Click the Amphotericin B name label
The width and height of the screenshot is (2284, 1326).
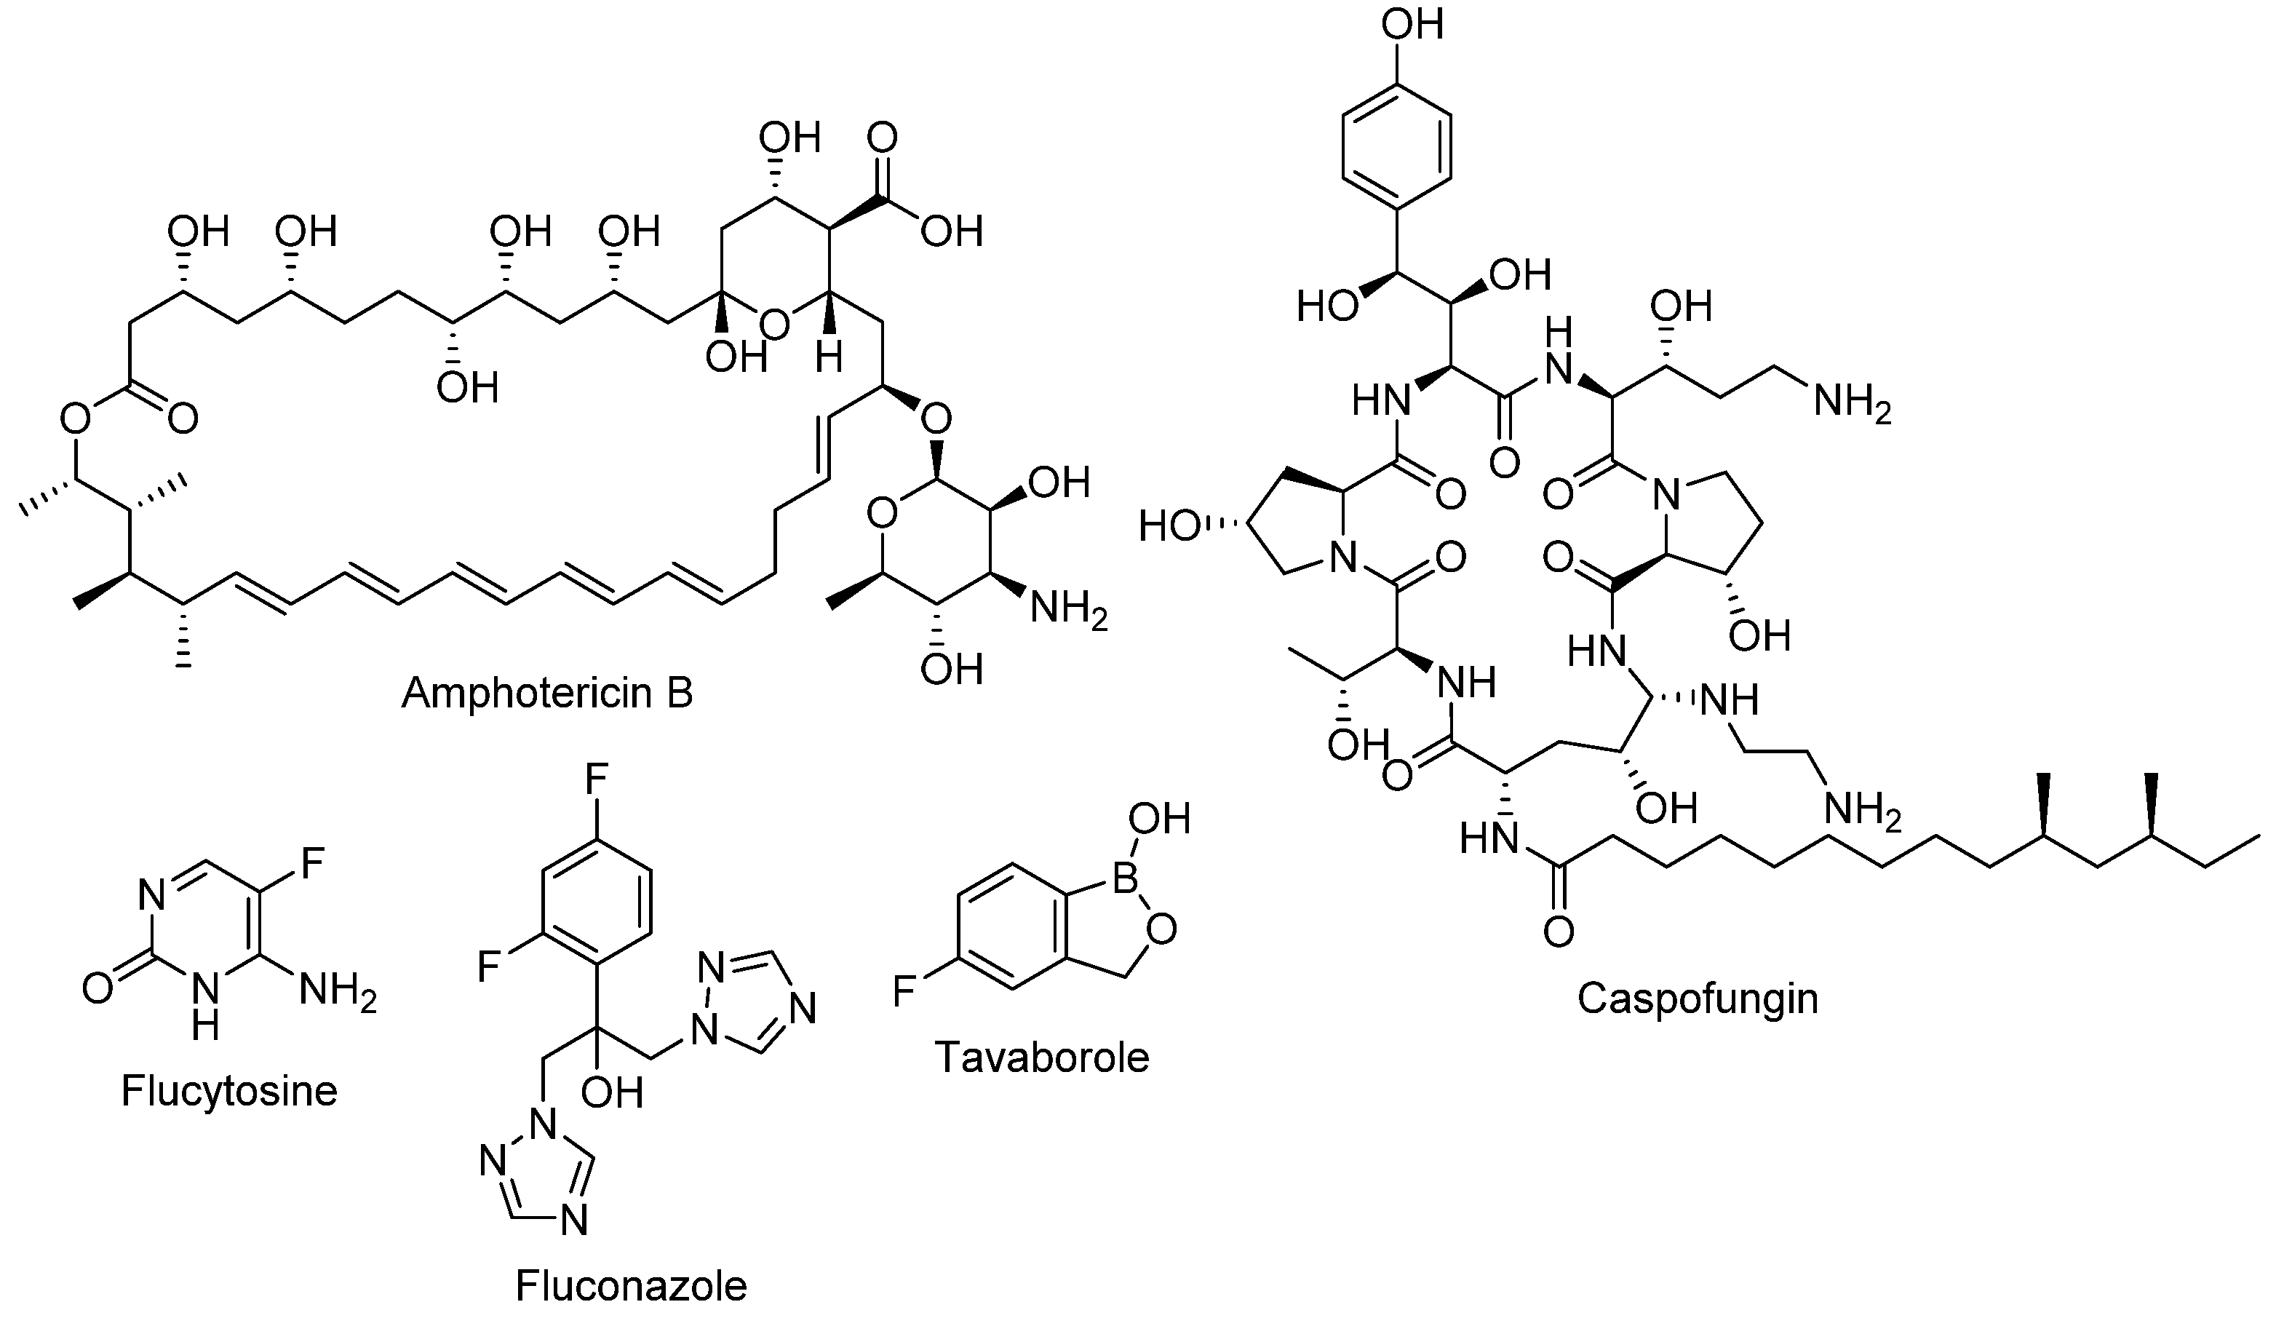pyautogui.click(x=546, y=694)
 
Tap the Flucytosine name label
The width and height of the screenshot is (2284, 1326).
pyautogui.click(x=228, y=1090)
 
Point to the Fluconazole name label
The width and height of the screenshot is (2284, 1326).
pyautogui.click(x=631, y=1285)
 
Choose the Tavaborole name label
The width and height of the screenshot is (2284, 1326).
pyautogui.click(x=1041, y=1057)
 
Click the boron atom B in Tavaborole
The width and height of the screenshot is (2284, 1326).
pyautogui.click(x=1124, y=879)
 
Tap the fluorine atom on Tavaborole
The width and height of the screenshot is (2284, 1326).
pyautogui.click(x=904, y=990)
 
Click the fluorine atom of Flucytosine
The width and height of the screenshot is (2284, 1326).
pyautogui.click(x=311, y=864)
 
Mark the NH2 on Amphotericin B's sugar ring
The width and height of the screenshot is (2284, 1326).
pyautogui.click(x=1067, y=610)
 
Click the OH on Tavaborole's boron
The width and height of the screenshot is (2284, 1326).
pyautogui.click(x=1158, y=819)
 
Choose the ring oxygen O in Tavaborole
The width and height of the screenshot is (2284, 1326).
pyautogui.click(x=1161, y=930)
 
